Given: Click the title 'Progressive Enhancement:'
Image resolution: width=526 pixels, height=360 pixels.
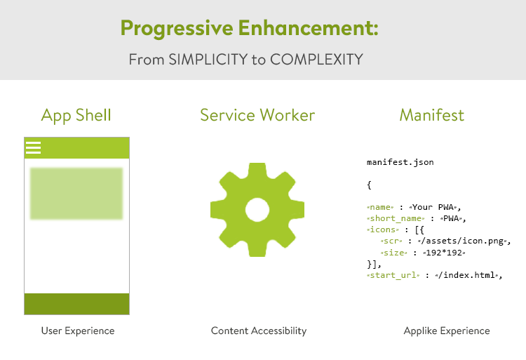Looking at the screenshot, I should (x=249, y=28).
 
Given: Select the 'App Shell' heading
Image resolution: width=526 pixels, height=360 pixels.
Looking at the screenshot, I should (x=76, y=115).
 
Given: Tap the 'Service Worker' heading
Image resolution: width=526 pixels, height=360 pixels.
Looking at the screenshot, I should (x=257, y=115).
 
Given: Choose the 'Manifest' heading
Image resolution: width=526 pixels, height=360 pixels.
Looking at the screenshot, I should (x=432, y=115).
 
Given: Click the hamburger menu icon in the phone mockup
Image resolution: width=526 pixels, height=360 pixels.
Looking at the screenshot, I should (x=33, y=147).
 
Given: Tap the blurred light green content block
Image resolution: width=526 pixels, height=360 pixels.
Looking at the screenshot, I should (x=76, y=194).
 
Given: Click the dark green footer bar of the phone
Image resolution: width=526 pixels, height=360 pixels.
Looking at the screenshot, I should (x=76, y=304).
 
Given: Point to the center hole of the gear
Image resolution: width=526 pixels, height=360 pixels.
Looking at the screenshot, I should (x=257, y=209).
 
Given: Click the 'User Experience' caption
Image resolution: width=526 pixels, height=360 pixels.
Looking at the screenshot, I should (x=78, y=331).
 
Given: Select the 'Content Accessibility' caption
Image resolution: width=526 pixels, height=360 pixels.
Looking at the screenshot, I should (x=259, y=331).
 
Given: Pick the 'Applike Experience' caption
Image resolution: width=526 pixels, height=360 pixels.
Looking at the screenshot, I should (x=447, y=331).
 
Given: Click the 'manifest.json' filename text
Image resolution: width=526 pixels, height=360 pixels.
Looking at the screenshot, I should (x=400, y=162).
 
